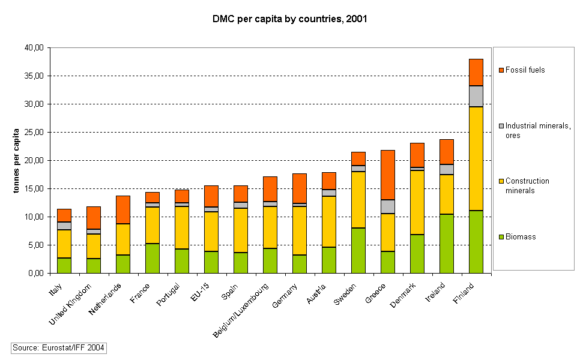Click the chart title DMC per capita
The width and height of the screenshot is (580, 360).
coord(289,19)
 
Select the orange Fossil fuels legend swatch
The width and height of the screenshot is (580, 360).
coord(501,70)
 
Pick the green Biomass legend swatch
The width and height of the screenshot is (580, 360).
coord(501,237)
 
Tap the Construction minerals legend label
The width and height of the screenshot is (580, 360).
coord(527,185)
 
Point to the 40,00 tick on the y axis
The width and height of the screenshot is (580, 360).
coord(34,48)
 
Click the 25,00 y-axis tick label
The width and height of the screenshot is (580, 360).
coord(34,133)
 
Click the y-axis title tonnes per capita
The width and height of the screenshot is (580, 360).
coord(17,160)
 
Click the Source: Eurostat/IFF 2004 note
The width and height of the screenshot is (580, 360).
coord(59,348)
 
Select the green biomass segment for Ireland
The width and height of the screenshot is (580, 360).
coord(447,244)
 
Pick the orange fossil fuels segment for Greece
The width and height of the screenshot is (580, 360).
coord(388,175)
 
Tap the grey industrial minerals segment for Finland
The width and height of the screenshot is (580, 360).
coord(476,96)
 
